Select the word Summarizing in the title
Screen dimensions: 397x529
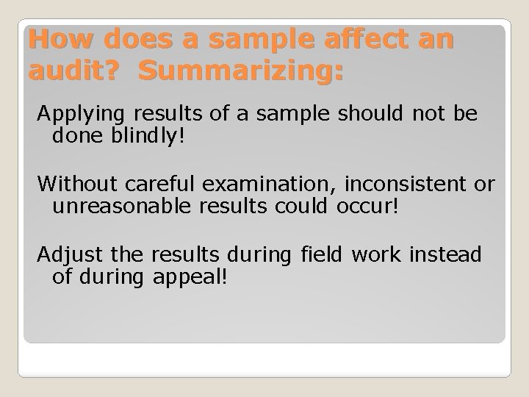point(240,71)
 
